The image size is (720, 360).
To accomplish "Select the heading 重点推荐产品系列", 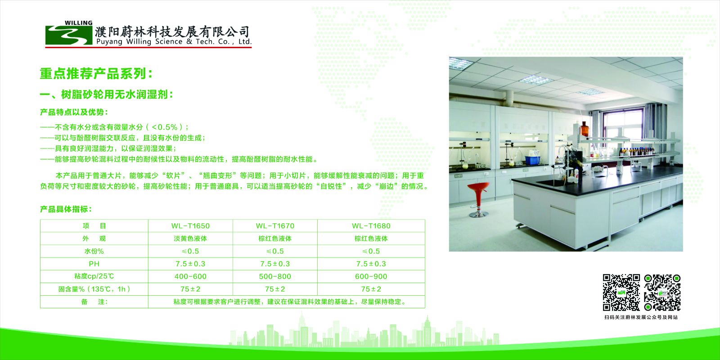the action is point(96,74).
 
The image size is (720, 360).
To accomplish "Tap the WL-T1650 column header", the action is point(190,226).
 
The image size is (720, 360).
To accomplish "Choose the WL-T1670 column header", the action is point(275,226).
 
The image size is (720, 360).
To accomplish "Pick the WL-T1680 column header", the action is point(371,226).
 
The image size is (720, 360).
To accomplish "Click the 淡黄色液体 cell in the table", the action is point(190,238).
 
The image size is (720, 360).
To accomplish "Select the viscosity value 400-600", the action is point(190,276).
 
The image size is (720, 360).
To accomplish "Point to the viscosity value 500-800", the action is point(275,276).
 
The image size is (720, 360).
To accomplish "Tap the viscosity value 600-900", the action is point(371,276).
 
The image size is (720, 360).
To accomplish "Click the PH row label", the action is point(94,264).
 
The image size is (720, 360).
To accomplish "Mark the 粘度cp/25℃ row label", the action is point(94,276).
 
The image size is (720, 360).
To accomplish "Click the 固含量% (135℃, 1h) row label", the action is point(94,289).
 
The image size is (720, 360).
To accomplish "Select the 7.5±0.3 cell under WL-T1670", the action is point(275,264).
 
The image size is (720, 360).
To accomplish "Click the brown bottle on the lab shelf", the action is point(585,129).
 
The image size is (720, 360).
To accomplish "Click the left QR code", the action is point(621,292).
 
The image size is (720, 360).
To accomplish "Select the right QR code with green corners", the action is point(662,292).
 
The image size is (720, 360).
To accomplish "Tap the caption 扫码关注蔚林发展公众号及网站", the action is point(641,317).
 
